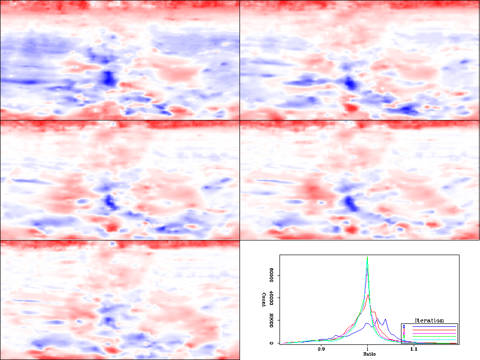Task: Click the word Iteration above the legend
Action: tap(429, 320)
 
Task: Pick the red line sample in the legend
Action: tap(434, 330)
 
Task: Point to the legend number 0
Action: tap(404, 326)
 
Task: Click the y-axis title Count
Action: tap(264, 299)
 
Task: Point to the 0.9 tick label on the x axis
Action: tap(321, 350)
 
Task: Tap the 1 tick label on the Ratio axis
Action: tap(367, 350)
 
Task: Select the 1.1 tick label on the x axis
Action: tap(414, 350)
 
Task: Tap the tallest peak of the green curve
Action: tap(367, 257)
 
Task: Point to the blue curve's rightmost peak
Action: tap(385, 320)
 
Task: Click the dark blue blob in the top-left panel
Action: tap(108, 77)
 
